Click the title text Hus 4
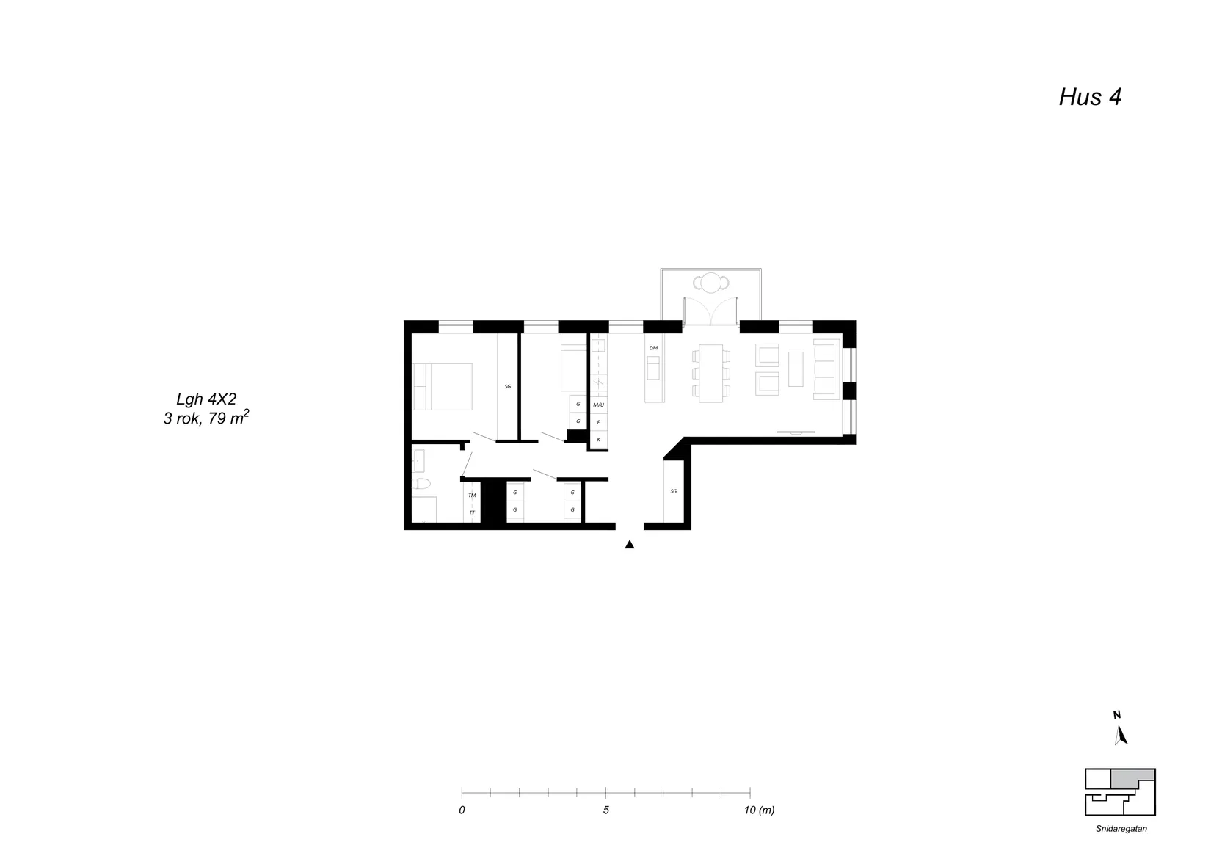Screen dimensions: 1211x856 pos(1090,98)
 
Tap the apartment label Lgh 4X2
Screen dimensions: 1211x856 pos(206,399)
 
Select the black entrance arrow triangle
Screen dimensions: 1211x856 pos(629,545)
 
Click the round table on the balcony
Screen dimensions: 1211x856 pos(711,283)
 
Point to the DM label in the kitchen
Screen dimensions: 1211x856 pos(653,348)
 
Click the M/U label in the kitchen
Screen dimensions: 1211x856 pos(598,405)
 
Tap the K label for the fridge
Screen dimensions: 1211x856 pos(598,440)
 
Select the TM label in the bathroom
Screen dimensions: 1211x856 pos(472,496)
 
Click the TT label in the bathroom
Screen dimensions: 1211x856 pos(472,512)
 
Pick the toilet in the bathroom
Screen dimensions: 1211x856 pos(421,483)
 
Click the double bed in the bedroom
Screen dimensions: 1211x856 pos(443,387)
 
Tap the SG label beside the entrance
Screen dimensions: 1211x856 pos(674,492)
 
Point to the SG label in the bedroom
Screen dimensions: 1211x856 pos(508,387)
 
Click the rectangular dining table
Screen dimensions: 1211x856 pos(711,373)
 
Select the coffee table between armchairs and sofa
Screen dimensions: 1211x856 pos(796,369)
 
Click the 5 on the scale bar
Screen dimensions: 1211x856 pos(606,810)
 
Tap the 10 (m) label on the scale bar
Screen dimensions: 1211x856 pos(759,810)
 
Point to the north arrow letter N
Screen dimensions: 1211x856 pos(1117,715)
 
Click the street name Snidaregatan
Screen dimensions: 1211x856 pos(1121,829)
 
